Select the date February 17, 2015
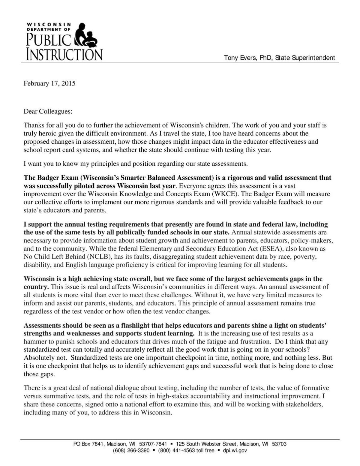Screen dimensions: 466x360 (x=49, y=83)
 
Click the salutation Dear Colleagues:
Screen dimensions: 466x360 (x=48, y=112)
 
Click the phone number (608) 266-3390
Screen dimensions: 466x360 (x=131, y=451)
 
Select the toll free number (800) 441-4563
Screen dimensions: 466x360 (x=177, y=451)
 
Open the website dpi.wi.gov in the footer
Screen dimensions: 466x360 (x=235, y=451)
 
